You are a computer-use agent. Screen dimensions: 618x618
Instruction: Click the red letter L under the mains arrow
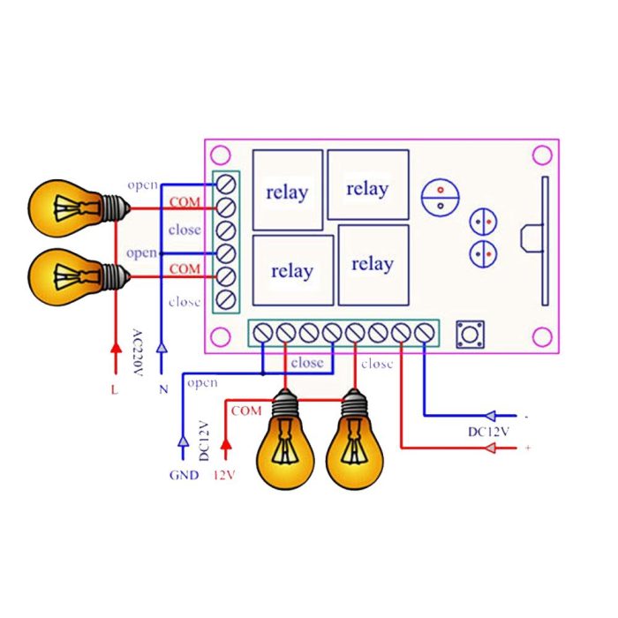click(x=114, y=389)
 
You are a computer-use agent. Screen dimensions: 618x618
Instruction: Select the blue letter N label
click(x=162, y=389)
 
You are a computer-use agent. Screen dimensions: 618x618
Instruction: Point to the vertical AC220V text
click(x=137, y=352)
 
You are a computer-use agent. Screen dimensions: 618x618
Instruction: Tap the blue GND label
click(x=184, y=475)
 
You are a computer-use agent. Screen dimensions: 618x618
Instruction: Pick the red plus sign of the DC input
click(x=528, y=449)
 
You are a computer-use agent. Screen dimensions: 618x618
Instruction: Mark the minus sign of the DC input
click(x=526, y=415)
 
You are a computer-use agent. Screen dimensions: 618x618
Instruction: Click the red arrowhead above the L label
click(x=114, y=354)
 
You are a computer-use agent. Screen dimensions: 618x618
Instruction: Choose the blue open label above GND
click(x=202, y=383)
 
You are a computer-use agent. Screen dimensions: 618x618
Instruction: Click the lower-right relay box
click(x=373, y=264)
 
